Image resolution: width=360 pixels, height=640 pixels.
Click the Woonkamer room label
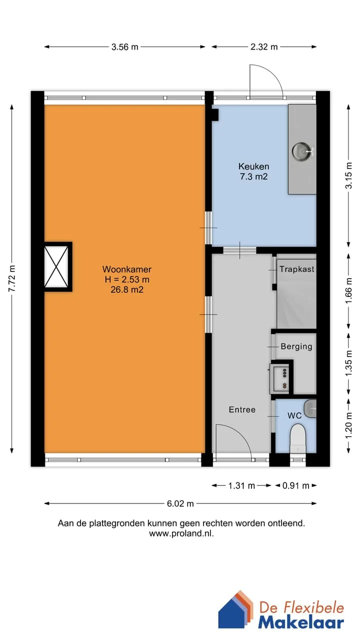click(127, 269)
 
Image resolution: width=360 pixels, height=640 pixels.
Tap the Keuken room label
click(253, 166)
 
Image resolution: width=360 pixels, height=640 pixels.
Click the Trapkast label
click(296, 269)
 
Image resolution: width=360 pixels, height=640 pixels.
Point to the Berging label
click(296, 346)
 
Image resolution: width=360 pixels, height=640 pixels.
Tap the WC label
click(294, 415)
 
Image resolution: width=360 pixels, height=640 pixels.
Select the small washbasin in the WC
click(310, 408)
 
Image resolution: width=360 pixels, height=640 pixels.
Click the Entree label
click(242, 409)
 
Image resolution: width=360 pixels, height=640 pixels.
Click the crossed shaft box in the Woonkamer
click(56, 267)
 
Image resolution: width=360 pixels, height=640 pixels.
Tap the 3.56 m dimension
click(125, 47)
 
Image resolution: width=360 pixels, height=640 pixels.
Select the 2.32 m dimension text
click(264, 47)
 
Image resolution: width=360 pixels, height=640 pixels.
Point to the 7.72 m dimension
click(12, 279)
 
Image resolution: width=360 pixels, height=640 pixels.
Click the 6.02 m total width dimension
click(180, 503)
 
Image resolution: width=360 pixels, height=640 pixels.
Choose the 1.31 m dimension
click(241, 485)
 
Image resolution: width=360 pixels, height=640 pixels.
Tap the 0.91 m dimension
click(295, 485)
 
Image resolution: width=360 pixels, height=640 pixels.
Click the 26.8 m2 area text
click(127, 289)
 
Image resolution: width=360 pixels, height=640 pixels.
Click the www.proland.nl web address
click(181, 533)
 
